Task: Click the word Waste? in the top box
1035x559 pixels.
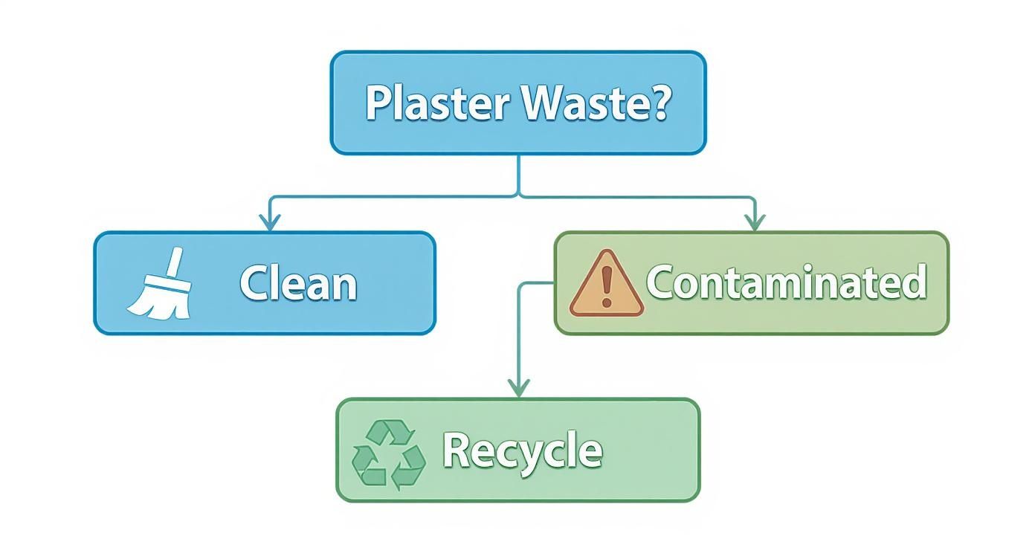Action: tap(595, 103)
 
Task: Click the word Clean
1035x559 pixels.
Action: tap(297, 284)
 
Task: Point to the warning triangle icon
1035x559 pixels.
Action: tap(606, 285)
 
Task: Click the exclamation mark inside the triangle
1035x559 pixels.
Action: tap(606, 287)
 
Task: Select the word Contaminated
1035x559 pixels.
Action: tap(786, 282)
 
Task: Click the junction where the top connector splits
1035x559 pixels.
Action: tap(519, 196)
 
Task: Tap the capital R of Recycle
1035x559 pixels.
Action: tap(457, 450)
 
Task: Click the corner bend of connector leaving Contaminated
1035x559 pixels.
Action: tap(520, 283)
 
